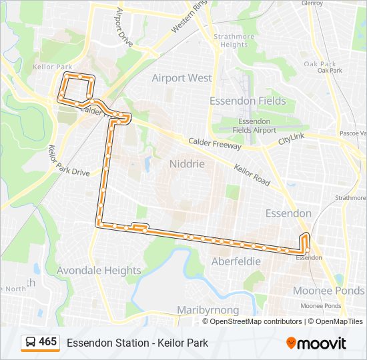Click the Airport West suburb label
tap(181, 78)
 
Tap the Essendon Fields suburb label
tap(248, 101)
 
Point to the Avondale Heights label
tap(99, 271)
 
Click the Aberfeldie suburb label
tap(236, 261)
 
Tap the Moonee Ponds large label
tap(329, 291)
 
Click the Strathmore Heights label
tap(230, 41)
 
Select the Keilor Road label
tap(252, 175)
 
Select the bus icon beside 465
tap(30, 343)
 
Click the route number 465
tap(48, 342)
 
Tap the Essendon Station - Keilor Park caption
tap(137, 343)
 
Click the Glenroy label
tap(312, 3)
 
